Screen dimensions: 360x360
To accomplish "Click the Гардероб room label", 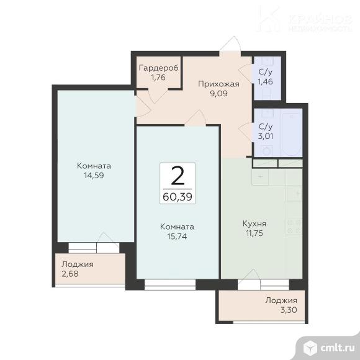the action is click(159, 68).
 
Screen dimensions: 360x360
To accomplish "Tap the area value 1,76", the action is click(158, 78).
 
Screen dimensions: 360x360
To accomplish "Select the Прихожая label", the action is click(218, 84).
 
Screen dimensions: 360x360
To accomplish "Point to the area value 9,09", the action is click(218, 94).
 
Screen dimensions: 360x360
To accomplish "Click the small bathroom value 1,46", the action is click(266, 81).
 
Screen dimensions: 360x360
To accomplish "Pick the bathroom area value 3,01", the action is click(266, 136).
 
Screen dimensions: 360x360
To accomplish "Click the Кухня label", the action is click(254, 223).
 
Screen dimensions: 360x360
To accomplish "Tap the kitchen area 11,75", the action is click(254, 233).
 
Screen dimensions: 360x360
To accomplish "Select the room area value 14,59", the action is click(94, 176).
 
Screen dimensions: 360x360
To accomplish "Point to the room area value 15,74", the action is click(177, 236).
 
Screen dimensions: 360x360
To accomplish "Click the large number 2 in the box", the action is click(178, 176).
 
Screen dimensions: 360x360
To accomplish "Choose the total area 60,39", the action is click(178, 197).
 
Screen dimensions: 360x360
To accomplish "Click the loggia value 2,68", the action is click(70, 274).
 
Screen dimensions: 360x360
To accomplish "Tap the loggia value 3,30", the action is click(289, 310).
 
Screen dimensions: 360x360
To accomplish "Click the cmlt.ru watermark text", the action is click(338, 348).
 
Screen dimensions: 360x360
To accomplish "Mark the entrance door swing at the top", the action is click(230, 43).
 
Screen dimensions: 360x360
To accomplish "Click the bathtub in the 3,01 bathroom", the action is click(291, 133).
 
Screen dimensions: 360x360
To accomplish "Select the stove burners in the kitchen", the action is click(294, 226).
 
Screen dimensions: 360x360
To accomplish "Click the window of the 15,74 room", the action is click(170, 285).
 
